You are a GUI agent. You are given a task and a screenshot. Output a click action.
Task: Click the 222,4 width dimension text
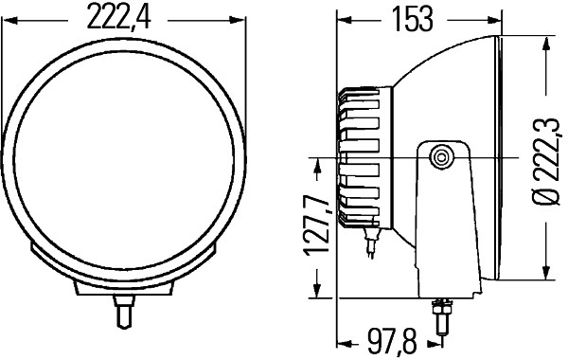point(123,16)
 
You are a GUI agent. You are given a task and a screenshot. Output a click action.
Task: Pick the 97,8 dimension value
point(393,338)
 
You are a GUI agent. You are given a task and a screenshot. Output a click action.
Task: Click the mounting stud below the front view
point(122,310)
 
